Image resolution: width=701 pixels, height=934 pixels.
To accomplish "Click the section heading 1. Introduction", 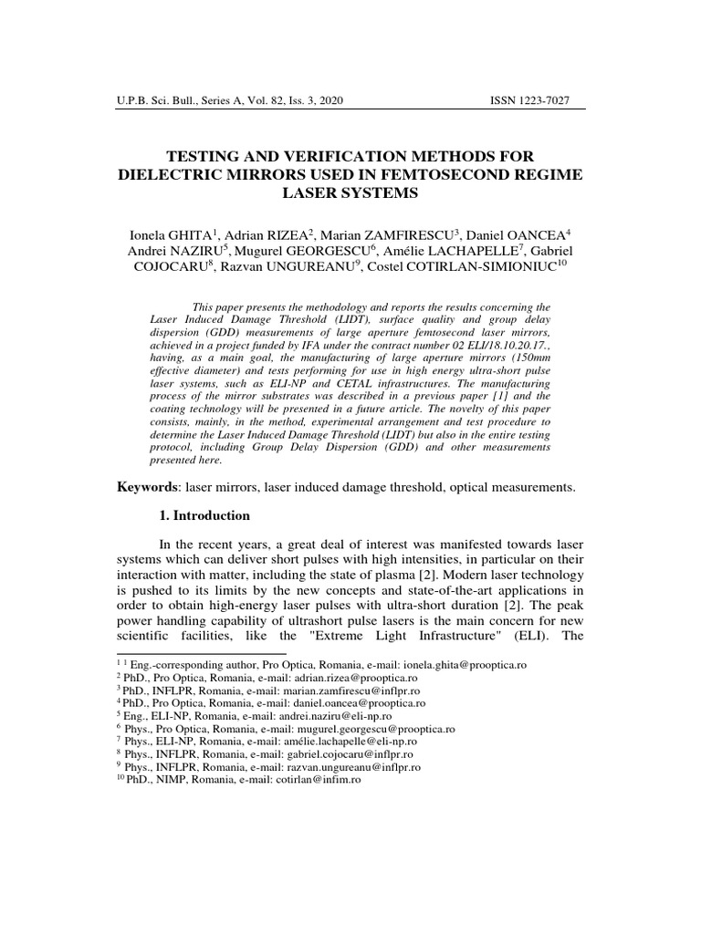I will pyautogui.click(x=204, y=515).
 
